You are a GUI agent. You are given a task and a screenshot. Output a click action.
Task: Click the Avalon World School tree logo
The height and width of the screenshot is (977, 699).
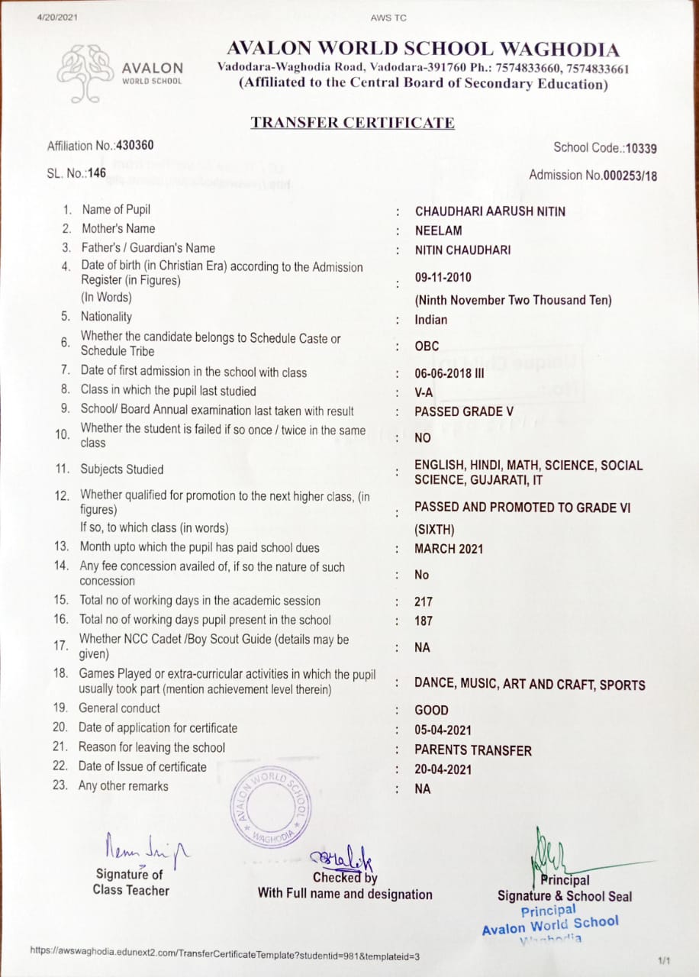86,73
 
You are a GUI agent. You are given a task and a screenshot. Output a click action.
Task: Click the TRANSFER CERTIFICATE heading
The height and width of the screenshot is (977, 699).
353,123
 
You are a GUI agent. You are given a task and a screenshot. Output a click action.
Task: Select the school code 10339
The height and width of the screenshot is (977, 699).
641,148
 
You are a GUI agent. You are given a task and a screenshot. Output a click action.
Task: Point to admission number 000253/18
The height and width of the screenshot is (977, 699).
630,176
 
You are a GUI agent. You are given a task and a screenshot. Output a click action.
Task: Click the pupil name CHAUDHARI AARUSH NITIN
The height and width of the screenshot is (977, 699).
490,211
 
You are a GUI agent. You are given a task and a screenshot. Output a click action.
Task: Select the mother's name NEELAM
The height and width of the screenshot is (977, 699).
438,231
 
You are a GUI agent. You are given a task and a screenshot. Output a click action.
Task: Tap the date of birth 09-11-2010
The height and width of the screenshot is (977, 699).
443,277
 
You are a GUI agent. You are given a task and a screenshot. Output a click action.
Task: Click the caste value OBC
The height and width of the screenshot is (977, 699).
427,346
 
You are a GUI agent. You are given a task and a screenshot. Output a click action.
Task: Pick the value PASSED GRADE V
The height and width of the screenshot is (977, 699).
464,411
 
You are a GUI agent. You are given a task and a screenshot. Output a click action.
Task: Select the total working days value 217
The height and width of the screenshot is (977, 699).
424,601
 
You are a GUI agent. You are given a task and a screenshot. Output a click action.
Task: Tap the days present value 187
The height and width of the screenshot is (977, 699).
424,621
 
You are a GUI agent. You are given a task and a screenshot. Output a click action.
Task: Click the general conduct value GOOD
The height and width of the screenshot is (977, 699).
431,710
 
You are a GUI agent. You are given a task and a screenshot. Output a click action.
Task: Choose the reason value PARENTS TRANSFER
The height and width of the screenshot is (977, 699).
473,750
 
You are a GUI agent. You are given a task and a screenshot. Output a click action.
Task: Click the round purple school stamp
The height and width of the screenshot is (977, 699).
271,809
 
